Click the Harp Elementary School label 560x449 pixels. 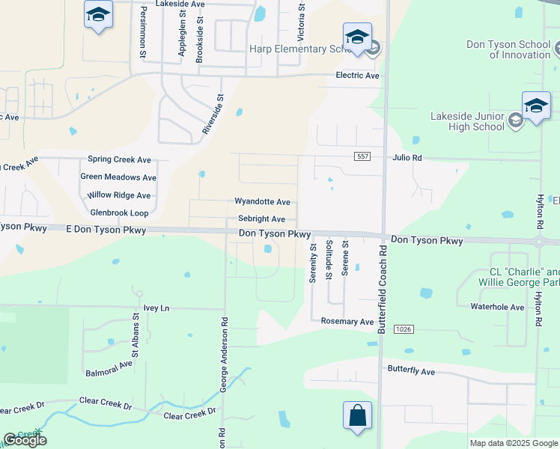[299, 49]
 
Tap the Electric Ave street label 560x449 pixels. [357, 76]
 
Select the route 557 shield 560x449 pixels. [363, 155]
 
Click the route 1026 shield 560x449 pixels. [404, 329]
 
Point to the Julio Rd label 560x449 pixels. [407, 158]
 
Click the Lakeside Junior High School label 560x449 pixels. [467, 121]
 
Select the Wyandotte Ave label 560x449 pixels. [262, 202]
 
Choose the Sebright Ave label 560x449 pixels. [261, 219]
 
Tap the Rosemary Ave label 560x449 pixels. [347, 322]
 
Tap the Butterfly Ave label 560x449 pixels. [411, 371]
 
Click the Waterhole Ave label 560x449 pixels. [497, 307]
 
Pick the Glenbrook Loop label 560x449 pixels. [119, 213]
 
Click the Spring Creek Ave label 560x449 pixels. [120, 159]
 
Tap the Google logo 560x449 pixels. [25, 440]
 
